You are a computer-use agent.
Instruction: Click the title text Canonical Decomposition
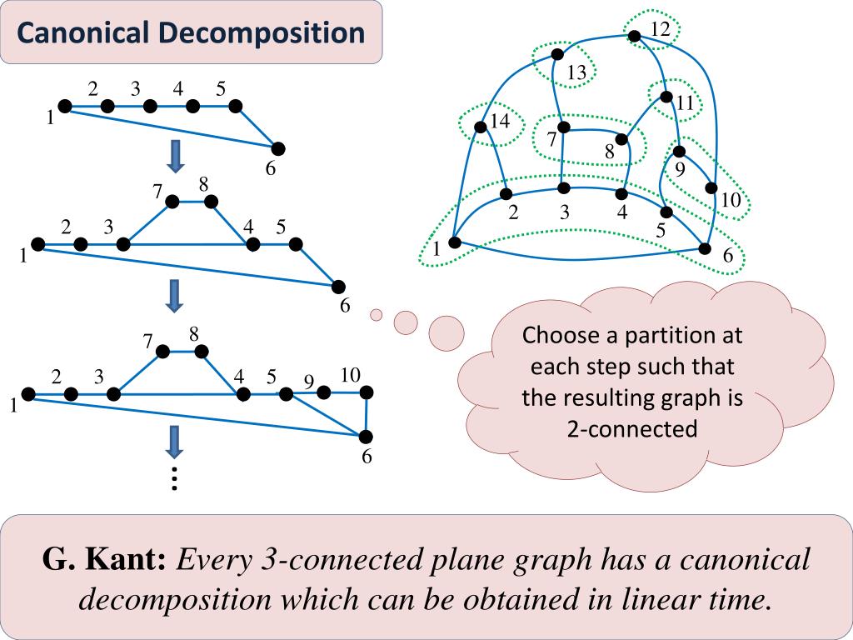[191, 33]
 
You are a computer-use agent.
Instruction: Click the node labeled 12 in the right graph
[634, 36]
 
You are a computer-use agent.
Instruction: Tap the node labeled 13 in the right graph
[557, 55]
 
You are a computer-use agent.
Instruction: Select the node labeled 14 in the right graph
[480, 127]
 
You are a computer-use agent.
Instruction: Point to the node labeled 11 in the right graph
[666, 97]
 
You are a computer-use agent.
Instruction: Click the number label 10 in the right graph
[730, 201]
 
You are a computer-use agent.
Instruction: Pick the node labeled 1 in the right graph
[454, 242]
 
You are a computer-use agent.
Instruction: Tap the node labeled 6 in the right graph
[705, 248]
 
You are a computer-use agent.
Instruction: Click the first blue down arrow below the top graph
[175, 156]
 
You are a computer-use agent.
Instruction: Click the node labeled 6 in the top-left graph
[278, 148]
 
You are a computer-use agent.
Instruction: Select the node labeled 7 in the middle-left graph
[172, 202]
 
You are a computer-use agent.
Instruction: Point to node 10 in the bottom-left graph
[365, 392]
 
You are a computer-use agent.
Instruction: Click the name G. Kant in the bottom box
[103, 560]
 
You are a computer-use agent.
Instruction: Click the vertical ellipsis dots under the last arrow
[174, 479]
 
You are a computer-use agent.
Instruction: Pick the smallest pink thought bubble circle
[376, 314]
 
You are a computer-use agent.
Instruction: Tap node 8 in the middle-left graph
[211, 201]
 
